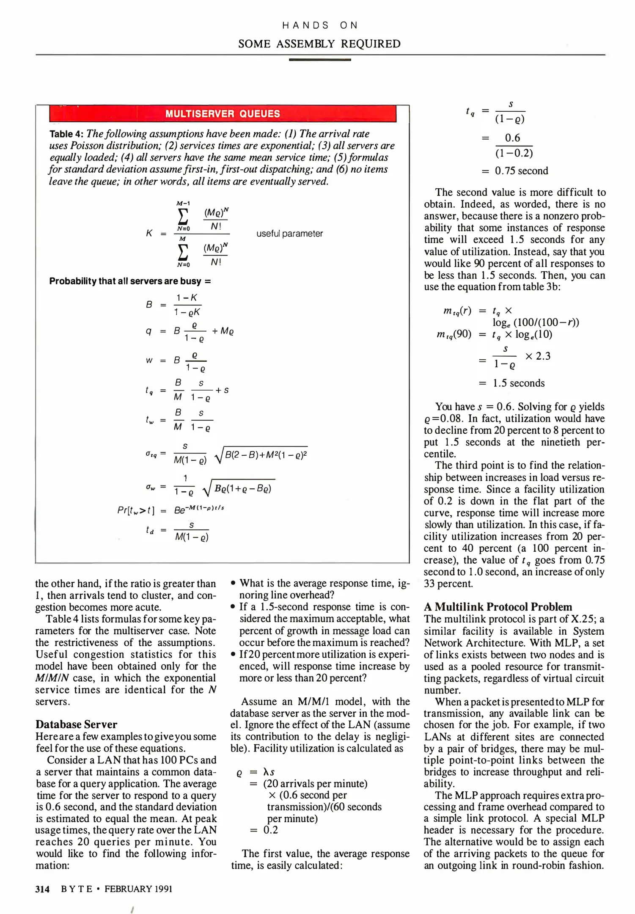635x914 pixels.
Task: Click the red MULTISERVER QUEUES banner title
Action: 223,114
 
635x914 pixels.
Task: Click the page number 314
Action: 42,889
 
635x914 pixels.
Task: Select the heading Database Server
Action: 76,724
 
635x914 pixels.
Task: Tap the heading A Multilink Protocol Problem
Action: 498,607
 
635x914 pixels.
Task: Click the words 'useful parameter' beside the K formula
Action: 289,234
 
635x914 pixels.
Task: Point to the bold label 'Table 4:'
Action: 66,134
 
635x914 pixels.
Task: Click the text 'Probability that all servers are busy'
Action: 125,281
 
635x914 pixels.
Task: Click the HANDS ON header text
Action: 320,25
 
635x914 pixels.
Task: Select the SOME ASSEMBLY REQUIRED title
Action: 319,44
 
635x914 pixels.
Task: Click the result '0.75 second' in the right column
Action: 521,171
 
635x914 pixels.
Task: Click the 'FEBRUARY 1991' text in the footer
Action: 138,889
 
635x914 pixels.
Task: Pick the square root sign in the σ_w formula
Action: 206,490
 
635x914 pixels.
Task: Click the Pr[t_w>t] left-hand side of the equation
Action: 136,510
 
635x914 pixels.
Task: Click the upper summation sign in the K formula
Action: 183,216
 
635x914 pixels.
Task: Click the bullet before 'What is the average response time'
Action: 233,584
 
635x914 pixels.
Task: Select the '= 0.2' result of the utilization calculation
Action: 264,830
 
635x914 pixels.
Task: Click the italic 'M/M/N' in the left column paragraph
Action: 52,678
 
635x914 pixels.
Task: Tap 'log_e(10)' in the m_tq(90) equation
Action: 533,335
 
